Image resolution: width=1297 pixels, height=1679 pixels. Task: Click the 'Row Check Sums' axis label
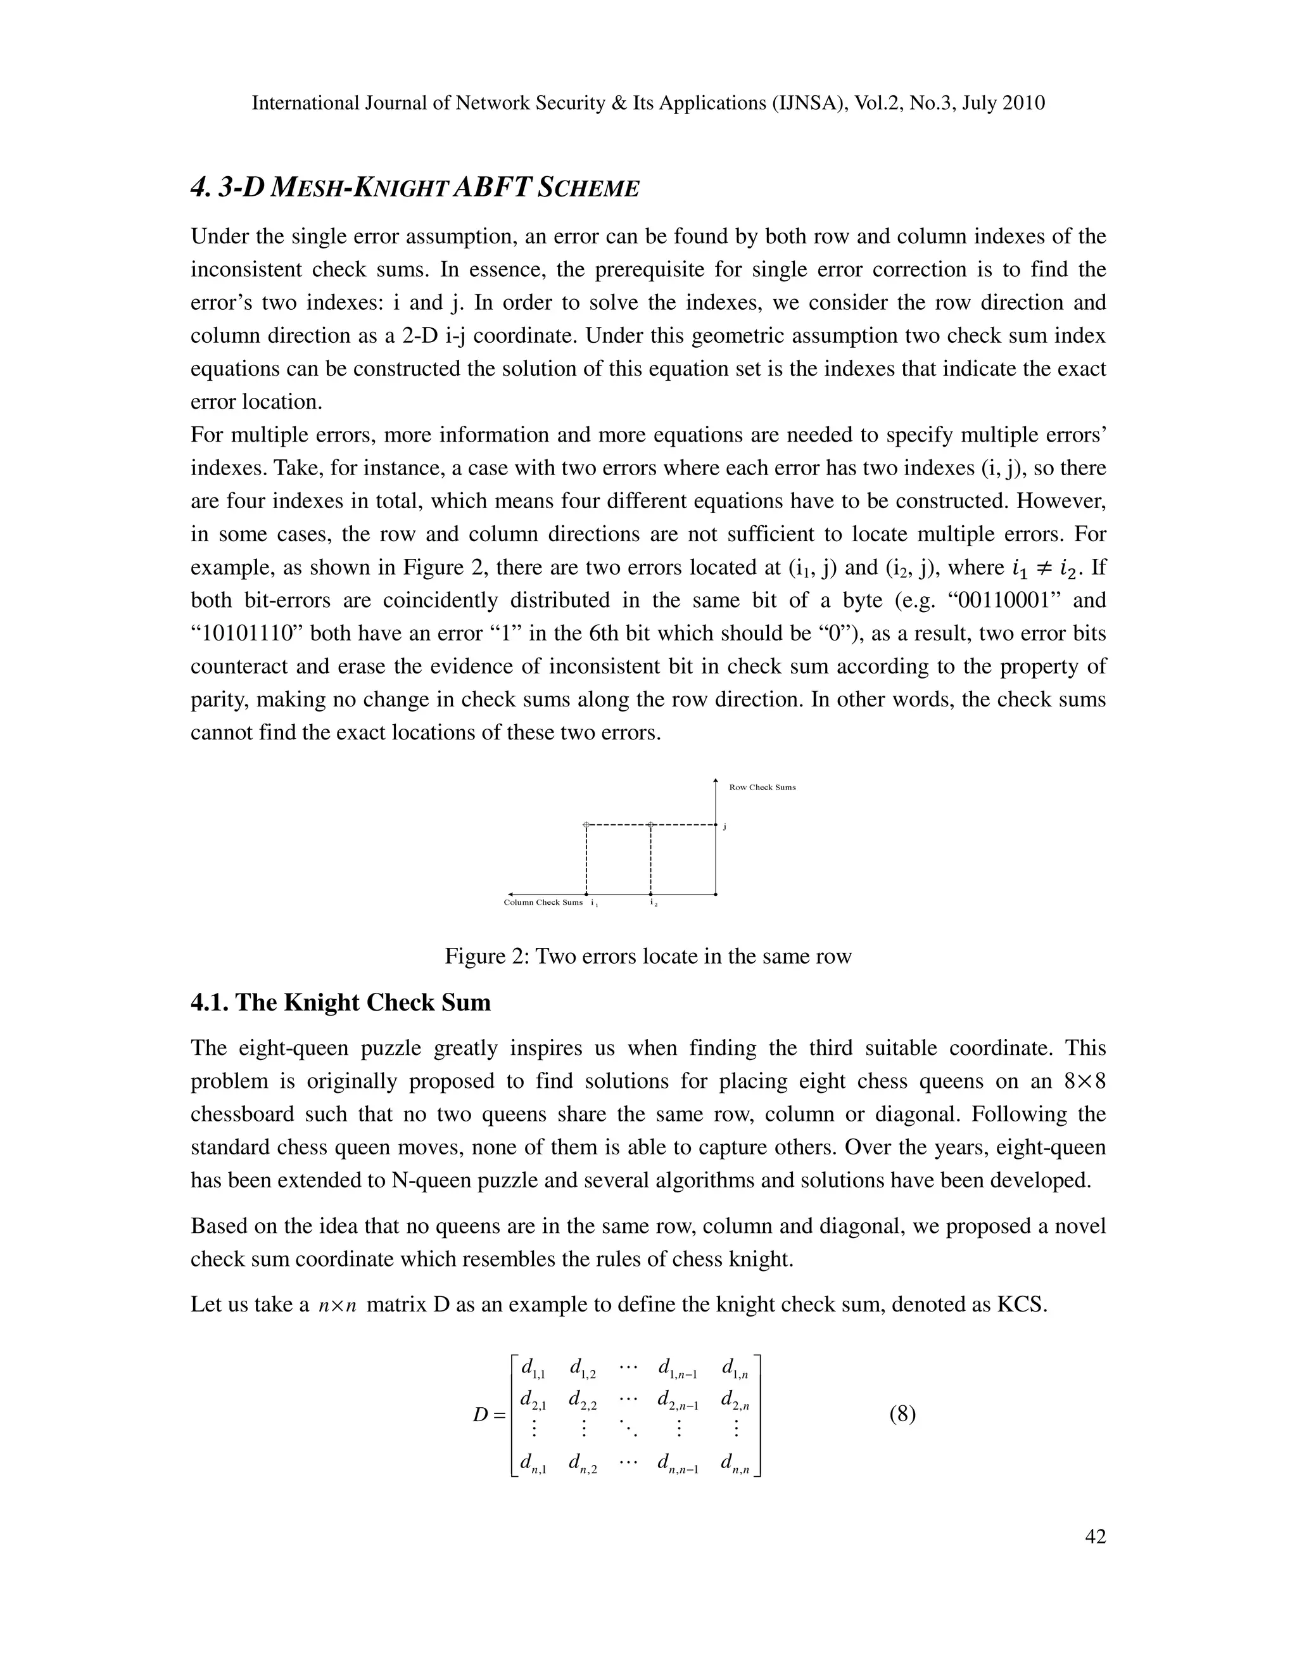click(x=762, y=787)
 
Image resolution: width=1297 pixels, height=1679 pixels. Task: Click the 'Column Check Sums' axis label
click(x=543, y=902)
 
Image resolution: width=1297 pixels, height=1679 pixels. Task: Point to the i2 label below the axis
click(x=652, y=902)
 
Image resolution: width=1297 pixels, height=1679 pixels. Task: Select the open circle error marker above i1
click(x=586, y=825)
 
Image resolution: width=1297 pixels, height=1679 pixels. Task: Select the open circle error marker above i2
click(x=651, y=825)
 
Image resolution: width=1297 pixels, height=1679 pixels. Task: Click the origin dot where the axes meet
click(x=716, y=895)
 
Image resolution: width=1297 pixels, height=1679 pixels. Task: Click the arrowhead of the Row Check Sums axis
click(x=716, y=782)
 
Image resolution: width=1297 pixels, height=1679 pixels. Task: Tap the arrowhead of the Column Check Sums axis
click(x=511, y=895)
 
